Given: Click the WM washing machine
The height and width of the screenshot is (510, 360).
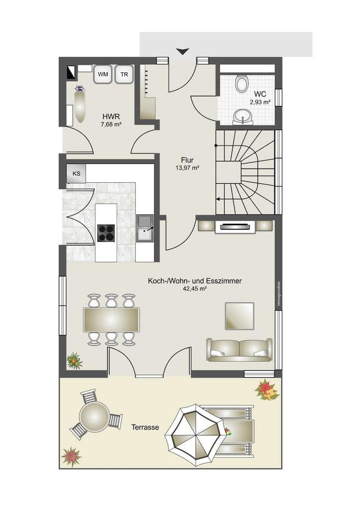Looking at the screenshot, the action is [x=103, y=74].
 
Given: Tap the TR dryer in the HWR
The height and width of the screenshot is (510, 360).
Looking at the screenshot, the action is [x=124, y=74].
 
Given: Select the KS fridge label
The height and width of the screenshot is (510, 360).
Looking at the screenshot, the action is [x=76, y=174].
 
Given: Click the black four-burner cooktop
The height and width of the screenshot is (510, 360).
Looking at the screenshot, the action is [x=106, y=233].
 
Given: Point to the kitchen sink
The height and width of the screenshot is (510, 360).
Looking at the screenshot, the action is [x=145, y=229].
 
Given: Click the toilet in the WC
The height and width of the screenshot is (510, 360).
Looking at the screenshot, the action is [x=242, y=83].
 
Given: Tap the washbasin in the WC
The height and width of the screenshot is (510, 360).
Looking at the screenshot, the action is [x=243, y=117].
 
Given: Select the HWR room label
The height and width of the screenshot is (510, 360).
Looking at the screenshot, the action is [x=111, y=117].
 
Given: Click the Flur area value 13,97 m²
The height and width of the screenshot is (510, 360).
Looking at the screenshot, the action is [x=187, y=168].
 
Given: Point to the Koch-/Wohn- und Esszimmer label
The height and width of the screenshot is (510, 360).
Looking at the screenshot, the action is [x=194, y=280].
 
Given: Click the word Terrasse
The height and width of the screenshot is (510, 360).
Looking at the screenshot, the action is [x=145, y=427].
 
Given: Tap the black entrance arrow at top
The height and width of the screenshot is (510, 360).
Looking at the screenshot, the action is [x=183, y=51].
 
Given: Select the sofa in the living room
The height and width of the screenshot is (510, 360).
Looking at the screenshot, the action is [x=240, y=350].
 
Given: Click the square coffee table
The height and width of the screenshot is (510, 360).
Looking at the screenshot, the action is [x=240, y=316].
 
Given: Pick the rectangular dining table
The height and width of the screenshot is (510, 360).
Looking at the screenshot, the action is [x=111, y=320].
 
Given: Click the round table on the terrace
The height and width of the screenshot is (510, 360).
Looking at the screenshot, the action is [x=95, y=416].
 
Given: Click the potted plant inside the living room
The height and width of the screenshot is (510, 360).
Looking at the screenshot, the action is [x=75, y=360].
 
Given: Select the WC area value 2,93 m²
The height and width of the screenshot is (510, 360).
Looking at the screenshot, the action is [x=260, y=102].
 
